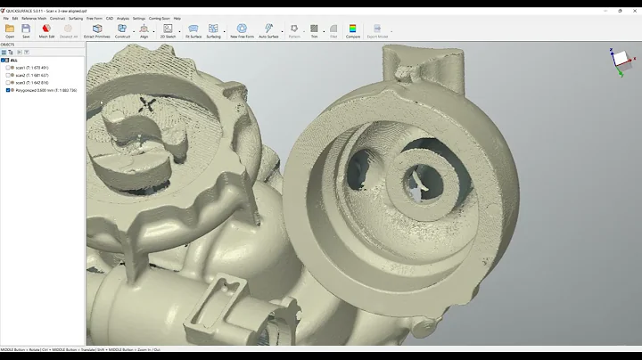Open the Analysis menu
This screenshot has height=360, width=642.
(x=122, y=18)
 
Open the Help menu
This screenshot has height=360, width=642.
(x=177, y=18)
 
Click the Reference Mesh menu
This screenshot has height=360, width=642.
(x=34, y=18)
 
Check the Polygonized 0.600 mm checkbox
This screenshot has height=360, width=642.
(x=8, y=90)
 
